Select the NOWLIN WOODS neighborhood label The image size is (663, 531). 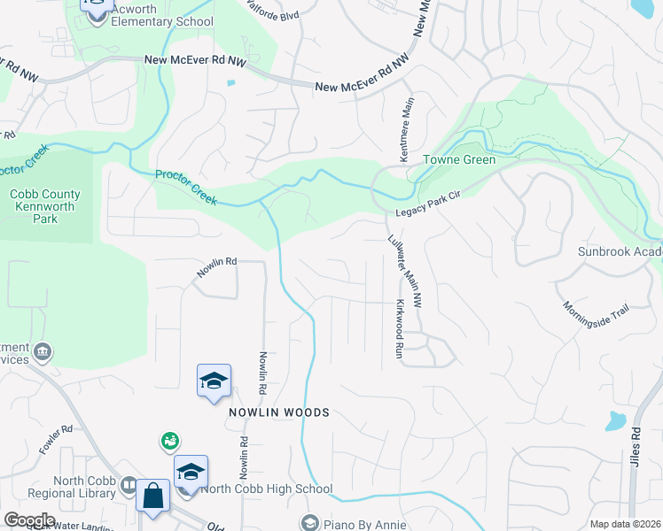pos(279,412)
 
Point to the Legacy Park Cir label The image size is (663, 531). pos(430,211)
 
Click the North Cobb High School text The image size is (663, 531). pos(267,489)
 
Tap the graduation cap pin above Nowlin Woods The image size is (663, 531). pos(214,381)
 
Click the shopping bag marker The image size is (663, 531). pos(152,496)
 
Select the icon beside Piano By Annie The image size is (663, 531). pos(309,523)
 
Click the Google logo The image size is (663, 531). pos(29,520)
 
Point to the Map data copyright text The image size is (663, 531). pos(625,524)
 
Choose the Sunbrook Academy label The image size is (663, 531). pos(620,251)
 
